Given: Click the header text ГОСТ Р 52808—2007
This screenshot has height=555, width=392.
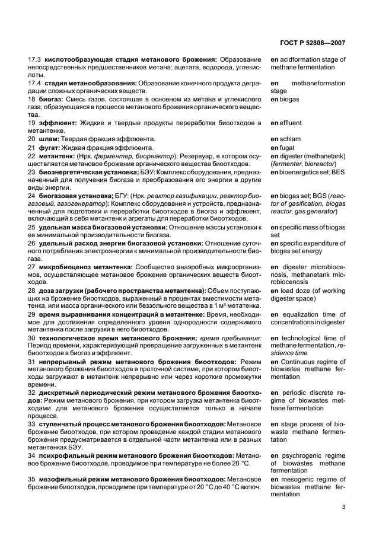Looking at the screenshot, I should (x=320, y=42).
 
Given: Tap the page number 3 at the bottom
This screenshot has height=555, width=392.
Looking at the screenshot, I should (x=343, y=506).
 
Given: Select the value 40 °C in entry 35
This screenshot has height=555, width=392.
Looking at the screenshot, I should (x=235, y=486).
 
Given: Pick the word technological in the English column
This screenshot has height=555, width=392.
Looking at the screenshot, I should (x=305, y=337).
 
